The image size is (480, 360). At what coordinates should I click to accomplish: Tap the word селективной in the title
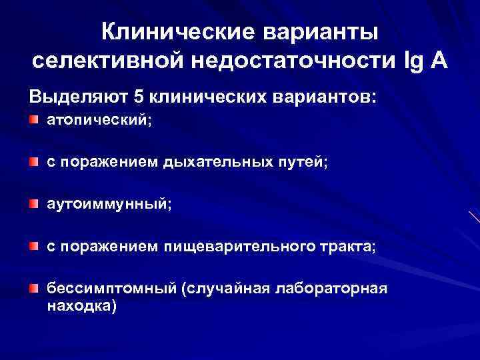(108, 61)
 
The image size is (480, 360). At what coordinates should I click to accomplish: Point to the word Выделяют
(77, 97)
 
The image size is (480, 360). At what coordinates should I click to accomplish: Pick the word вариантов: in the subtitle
(327, 97)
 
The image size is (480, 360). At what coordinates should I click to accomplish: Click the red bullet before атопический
(34, 121)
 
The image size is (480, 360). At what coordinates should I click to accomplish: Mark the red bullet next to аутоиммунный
(34, 204)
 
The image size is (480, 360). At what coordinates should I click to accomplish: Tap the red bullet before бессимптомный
(34, 287)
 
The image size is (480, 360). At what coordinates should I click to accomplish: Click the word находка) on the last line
(80, 306)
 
